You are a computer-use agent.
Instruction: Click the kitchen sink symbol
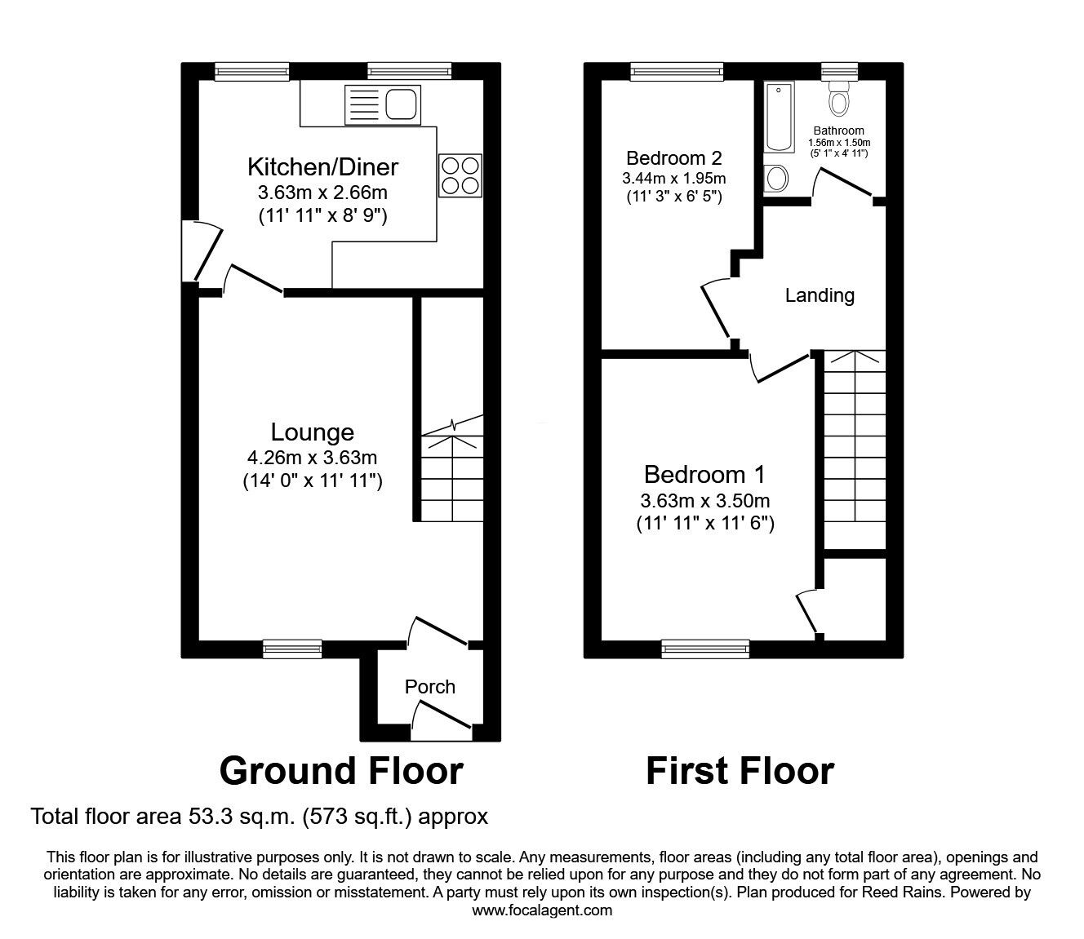coord(383,105)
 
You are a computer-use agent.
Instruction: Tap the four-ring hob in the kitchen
coord(460,175)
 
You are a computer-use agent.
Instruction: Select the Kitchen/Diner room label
coord(322,167)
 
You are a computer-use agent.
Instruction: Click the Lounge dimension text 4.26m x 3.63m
coord(313,458)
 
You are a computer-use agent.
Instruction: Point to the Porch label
coord(430,687)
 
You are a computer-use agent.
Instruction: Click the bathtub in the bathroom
coord(780,116)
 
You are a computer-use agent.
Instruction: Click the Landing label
coord(820,295)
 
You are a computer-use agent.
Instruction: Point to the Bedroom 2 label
coord(674,157)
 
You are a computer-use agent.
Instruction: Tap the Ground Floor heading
coord(341,771)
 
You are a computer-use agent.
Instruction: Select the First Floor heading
coord(740,771)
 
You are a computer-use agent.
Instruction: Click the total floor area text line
coord(260,816)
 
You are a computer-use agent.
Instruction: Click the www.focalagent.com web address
coord(542,910)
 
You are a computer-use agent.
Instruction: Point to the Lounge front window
coord(292,649)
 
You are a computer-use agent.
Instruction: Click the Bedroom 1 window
coord(705,649)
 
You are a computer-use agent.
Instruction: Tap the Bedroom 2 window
coord(677,72)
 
